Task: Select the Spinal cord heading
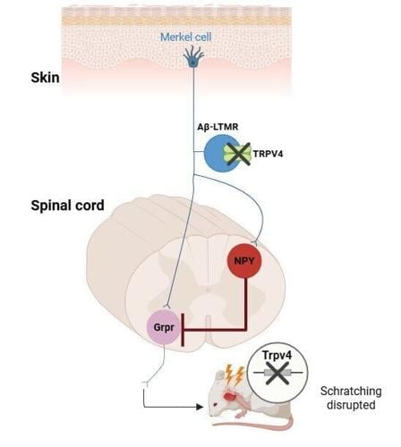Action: point(66,205)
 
